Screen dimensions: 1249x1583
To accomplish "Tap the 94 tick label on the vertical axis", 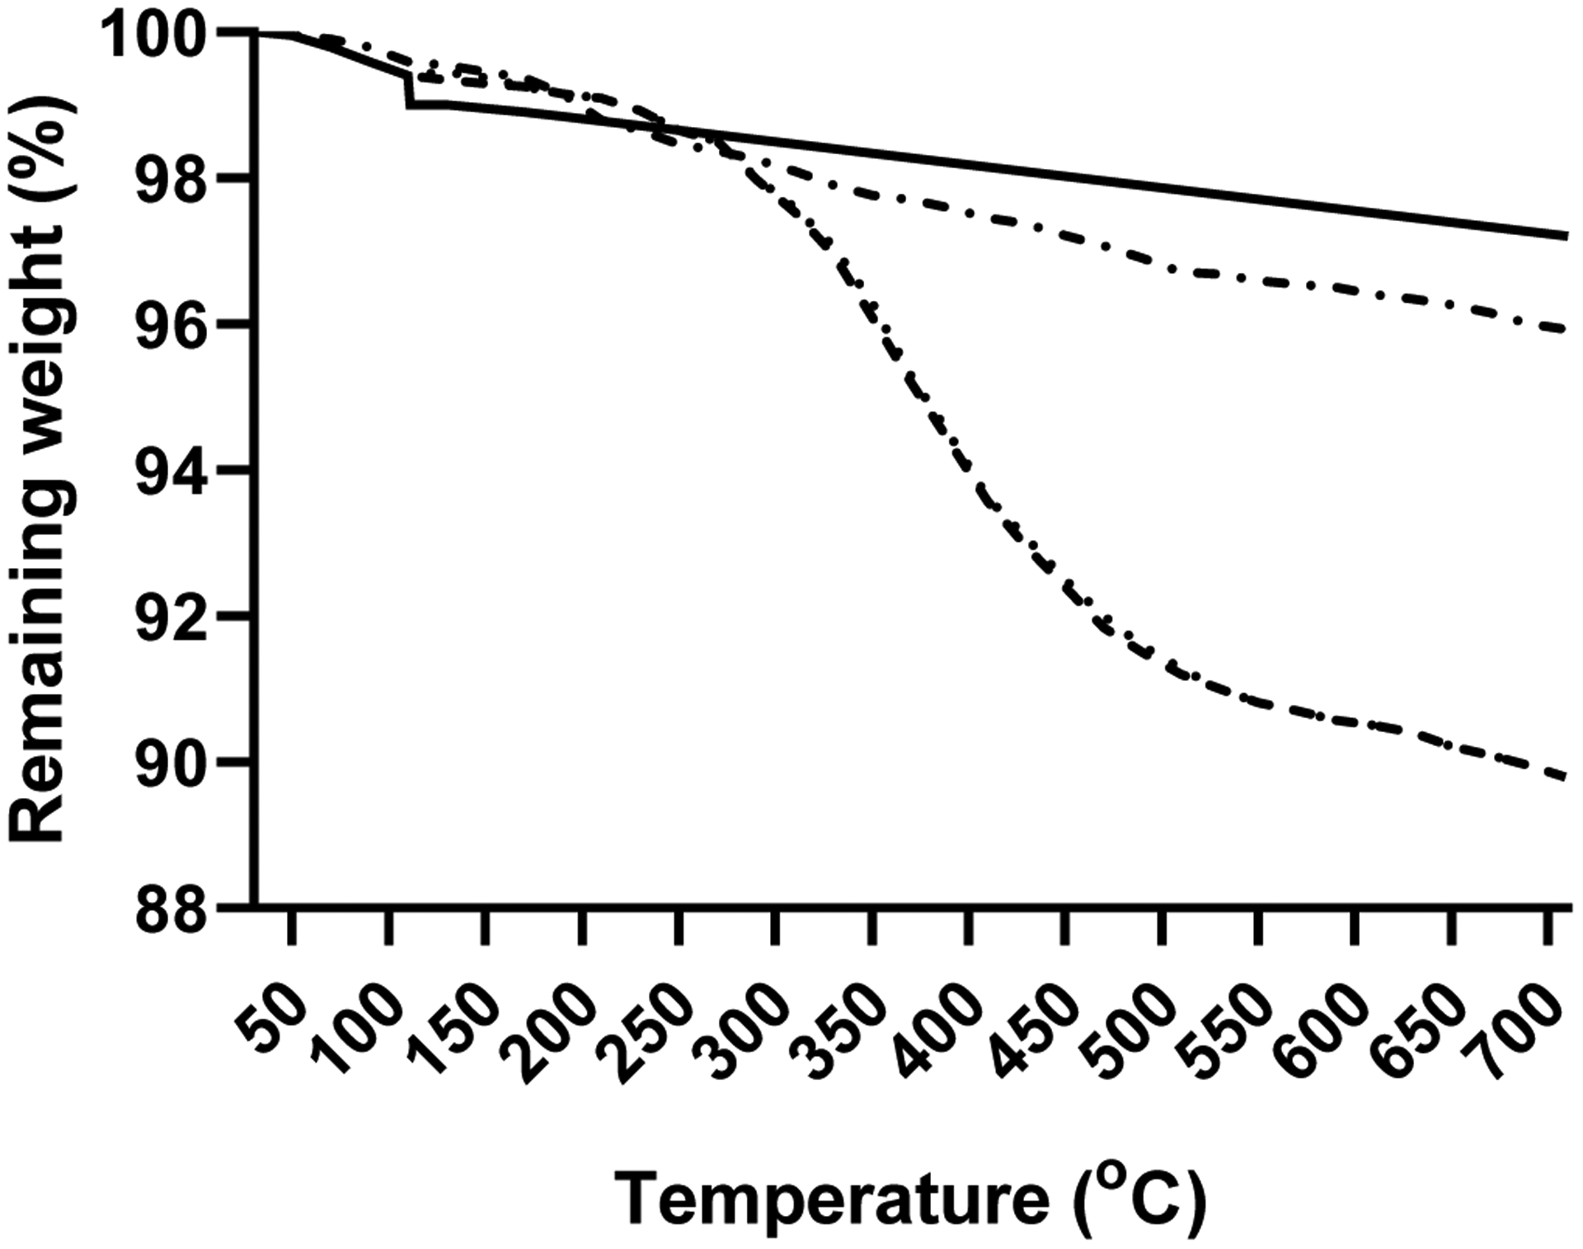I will pyautogui.click(x=170, y=472).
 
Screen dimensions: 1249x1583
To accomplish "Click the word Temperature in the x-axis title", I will pyautogui.click(x=833, y=1200).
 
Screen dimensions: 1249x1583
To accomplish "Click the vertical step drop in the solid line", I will pyautogui.click(x=407, y=90).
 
